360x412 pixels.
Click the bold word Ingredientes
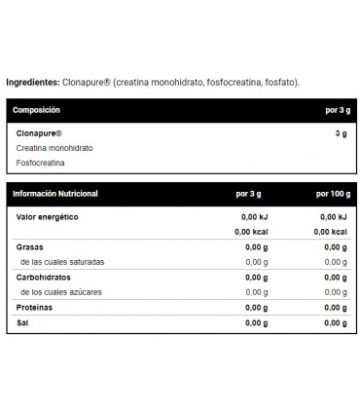[33, 82]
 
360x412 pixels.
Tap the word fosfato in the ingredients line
[282, 82]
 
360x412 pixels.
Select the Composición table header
[36, 111]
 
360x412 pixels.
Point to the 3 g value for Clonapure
[340, 132]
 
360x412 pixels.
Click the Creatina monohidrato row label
[54, 147]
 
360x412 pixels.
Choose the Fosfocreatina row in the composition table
[41, 163]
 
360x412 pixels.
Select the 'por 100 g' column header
[328, 194]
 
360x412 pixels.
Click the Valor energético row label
[46, 215]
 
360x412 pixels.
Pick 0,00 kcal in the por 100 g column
[330, 232]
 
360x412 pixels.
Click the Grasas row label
[28, 247]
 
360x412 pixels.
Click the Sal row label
[20, 322]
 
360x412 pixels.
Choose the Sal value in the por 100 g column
[336, 322]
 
